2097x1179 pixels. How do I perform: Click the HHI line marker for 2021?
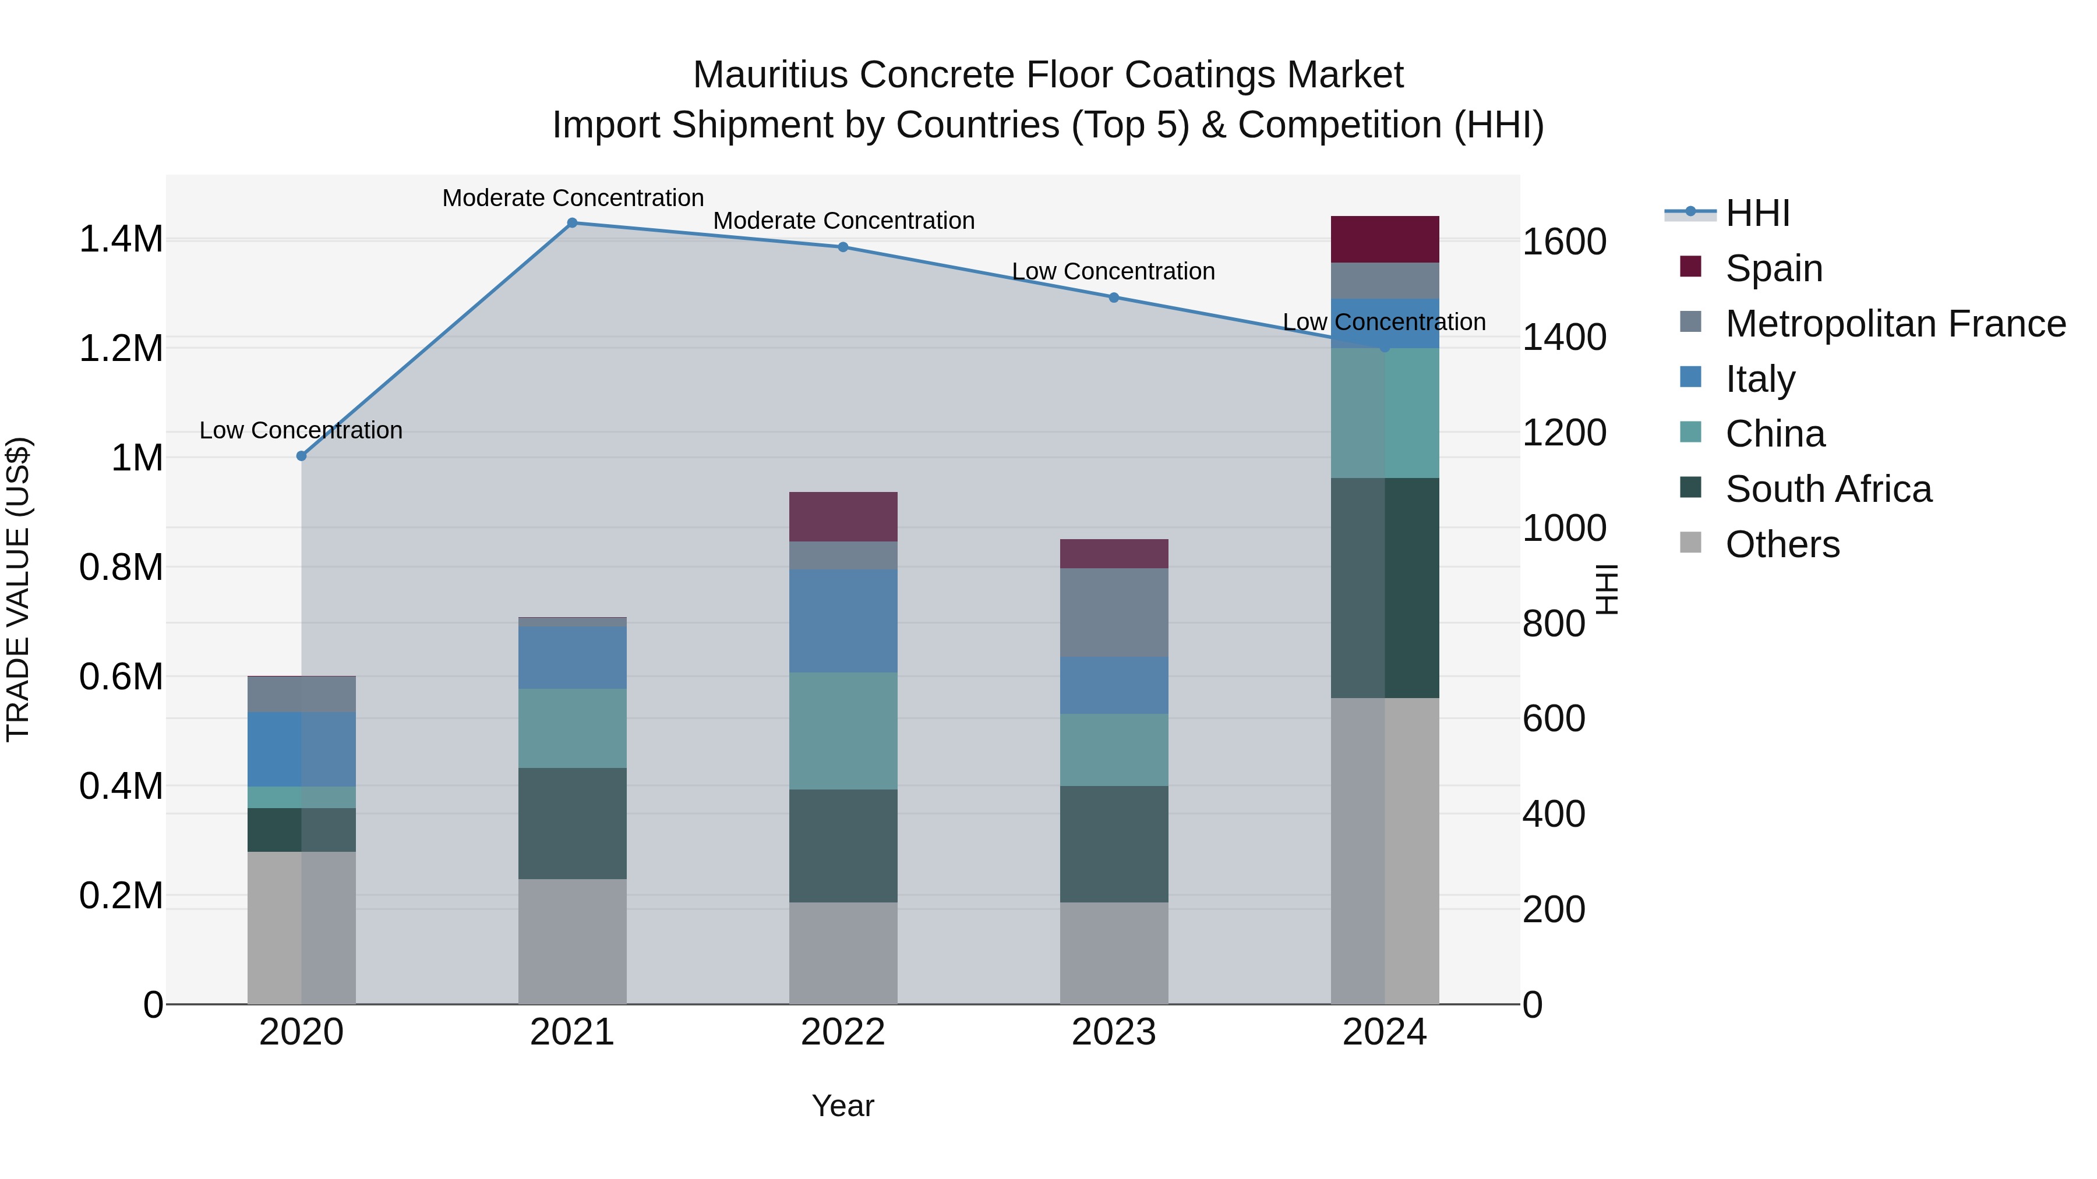click(572, 223)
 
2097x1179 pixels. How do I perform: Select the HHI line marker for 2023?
click(1114, 298)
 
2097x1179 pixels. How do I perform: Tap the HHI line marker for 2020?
click(301, 456)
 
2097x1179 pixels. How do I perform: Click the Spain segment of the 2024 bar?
click(1385, 239)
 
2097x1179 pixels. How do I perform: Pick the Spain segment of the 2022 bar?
click(843, 516)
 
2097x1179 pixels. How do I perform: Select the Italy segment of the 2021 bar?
click(572, 657)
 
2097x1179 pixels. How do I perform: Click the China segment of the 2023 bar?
click(1114, 749)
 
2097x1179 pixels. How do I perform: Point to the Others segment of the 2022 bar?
click(843, 953)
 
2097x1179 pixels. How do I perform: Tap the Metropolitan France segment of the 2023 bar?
click(1114, 612)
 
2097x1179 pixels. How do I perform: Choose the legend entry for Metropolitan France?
click(1895, 324)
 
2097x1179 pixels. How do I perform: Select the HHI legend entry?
click(1757, 213)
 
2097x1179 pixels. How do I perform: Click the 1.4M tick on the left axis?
click(121, 239)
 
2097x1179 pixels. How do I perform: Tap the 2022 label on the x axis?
click(843, 1032)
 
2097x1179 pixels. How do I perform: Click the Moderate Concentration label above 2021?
click(572, 198)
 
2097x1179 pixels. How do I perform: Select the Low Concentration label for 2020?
click(301, 430)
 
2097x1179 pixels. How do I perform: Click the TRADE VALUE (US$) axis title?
click(18, 589)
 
